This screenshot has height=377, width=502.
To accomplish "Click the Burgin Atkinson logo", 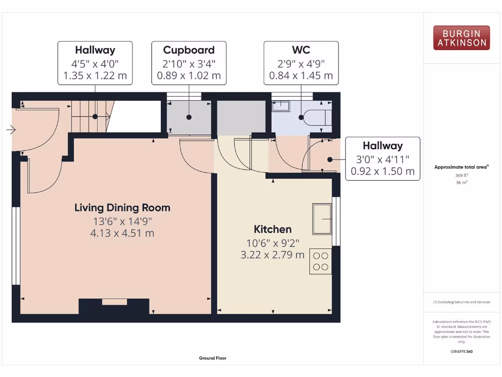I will coord(461,38).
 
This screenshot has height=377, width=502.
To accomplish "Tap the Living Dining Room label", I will coord(122,208).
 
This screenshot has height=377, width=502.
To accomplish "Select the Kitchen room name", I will coord(273,229).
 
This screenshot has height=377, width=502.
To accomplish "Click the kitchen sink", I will coord(322,218).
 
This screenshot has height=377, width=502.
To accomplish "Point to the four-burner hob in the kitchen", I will coord(321,261).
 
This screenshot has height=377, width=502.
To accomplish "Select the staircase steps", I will coord(89,117).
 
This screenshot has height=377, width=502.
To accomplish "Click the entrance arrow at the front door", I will coord(11,130).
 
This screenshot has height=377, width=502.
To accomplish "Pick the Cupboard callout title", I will coord(189,50).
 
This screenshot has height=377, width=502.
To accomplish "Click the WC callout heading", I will coord(301,50).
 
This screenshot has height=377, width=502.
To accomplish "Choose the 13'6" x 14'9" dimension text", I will coord(122,221).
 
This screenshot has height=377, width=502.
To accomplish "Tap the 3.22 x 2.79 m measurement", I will coord(273,255).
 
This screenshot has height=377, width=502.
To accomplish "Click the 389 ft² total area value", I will coord(461,175).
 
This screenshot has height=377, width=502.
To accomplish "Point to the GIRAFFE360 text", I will coord(461,351).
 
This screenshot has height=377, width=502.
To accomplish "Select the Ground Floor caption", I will coord(213,358).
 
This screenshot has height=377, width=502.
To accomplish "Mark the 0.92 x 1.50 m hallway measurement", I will coord(382,171).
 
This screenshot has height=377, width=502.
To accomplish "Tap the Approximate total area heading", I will coord(461,167).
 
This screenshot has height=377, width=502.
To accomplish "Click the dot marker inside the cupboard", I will coord(189,117).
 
